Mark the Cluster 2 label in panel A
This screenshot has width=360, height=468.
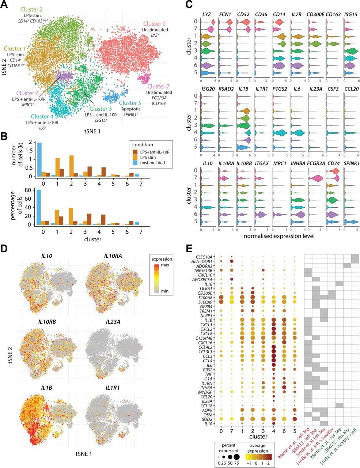pyautogui.click(x=32, y=9)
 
